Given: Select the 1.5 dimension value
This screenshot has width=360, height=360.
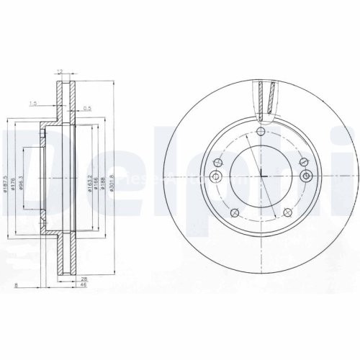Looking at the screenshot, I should [34, 104].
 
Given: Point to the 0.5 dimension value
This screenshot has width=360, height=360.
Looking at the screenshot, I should [86, 109].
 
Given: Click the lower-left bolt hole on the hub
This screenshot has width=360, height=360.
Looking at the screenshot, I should [236, 211].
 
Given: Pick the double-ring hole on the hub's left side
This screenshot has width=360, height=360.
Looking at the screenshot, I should [215, 176].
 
